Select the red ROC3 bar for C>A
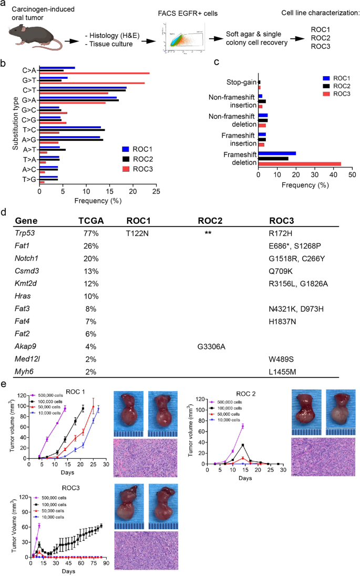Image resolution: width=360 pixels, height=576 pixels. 95,74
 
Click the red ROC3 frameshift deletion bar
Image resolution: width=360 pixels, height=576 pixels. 300,163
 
